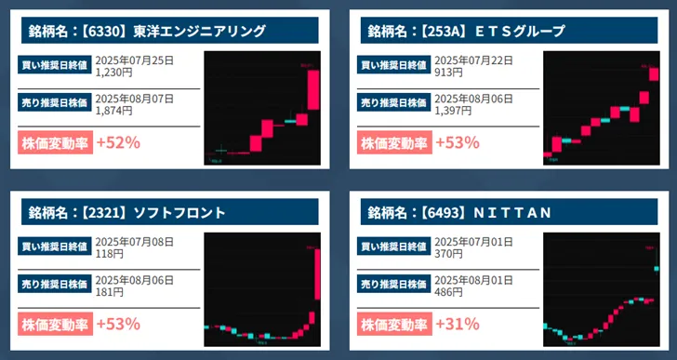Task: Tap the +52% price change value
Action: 118,142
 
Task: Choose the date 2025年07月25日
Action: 135,60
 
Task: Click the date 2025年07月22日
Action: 474,60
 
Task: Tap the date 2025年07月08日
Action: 135,240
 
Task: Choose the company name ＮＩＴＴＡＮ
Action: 513,212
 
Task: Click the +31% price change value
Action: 458,324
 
